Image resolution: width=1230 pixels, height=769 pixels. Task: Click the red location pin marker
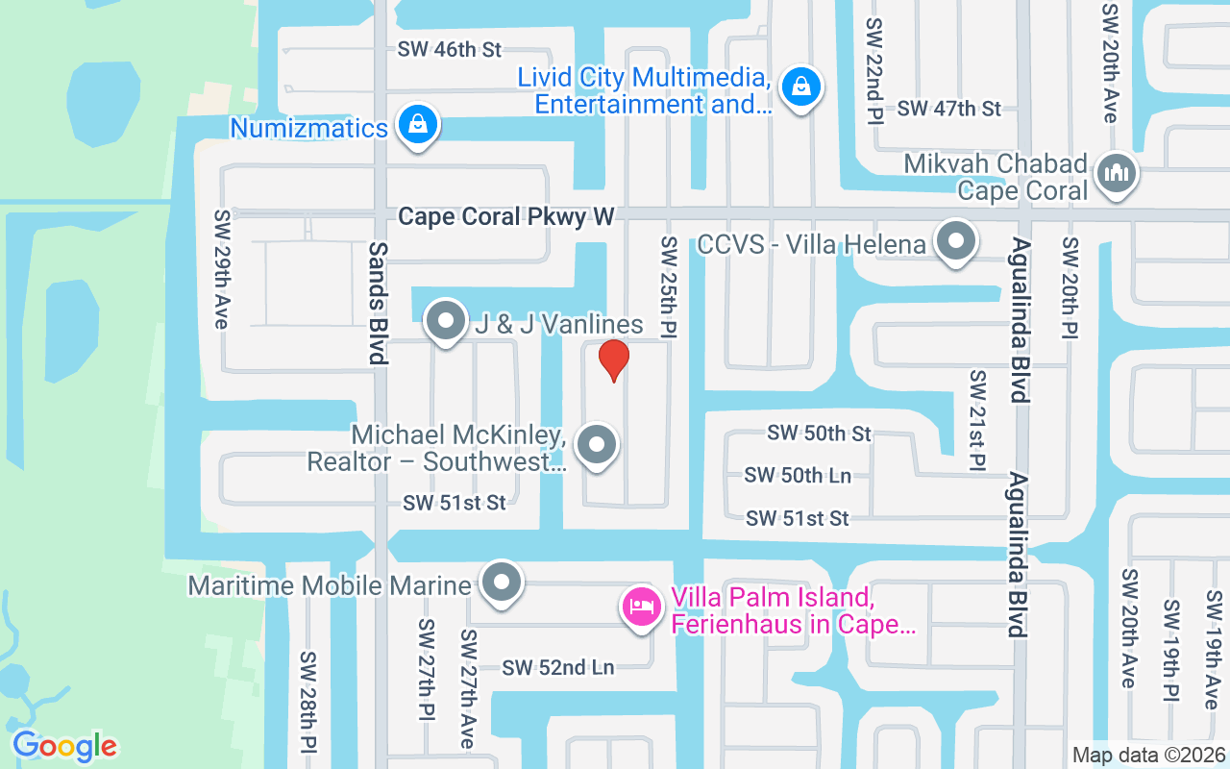[x=614, y=360]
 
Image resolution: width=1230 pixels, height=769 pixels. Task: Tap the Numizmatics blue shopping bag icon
[x=418, y=125]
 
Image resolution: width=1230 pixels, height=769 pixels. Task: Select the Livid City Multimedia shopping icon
[x=799, y=87]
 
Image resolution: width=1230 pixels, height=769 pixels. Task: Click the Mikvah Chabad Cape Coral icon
[x=1116, y=174]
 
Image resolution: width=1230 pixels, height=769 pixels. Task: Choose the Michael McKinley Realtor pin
[x=597, y=445]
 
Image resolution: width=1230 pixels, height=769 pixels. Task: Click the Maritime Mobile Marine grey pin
[x=501, y=583]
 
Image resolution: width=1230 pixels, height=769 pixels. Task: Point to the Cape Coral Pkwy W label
[x=505, y=216]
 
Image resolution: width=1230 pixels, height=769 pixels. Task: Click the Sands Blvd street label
[x=378, y=303]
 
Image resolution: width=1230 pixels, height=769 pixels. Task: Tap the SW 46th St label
[x=451, y=50]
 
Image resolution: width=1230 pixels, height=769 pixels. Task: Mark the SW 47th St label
[x=949, y=109]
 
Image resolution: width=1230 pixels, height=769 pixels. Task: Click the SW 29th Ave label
[x=223, y=270]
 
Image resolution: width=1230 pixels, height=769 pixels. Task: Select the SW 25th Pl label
[x=669, y=282]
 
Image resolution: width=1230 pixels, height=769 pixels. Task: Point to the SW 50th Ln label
[x=798, y=475]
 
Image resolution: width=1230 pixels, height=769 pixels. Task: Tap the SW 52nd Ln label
[x=557, y=667]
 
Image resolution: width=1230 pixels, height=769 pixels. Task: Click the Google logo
[x=64, y=746]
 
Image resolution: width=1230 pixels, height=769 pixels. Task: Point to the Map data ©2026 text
[x=1148, y=755]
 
